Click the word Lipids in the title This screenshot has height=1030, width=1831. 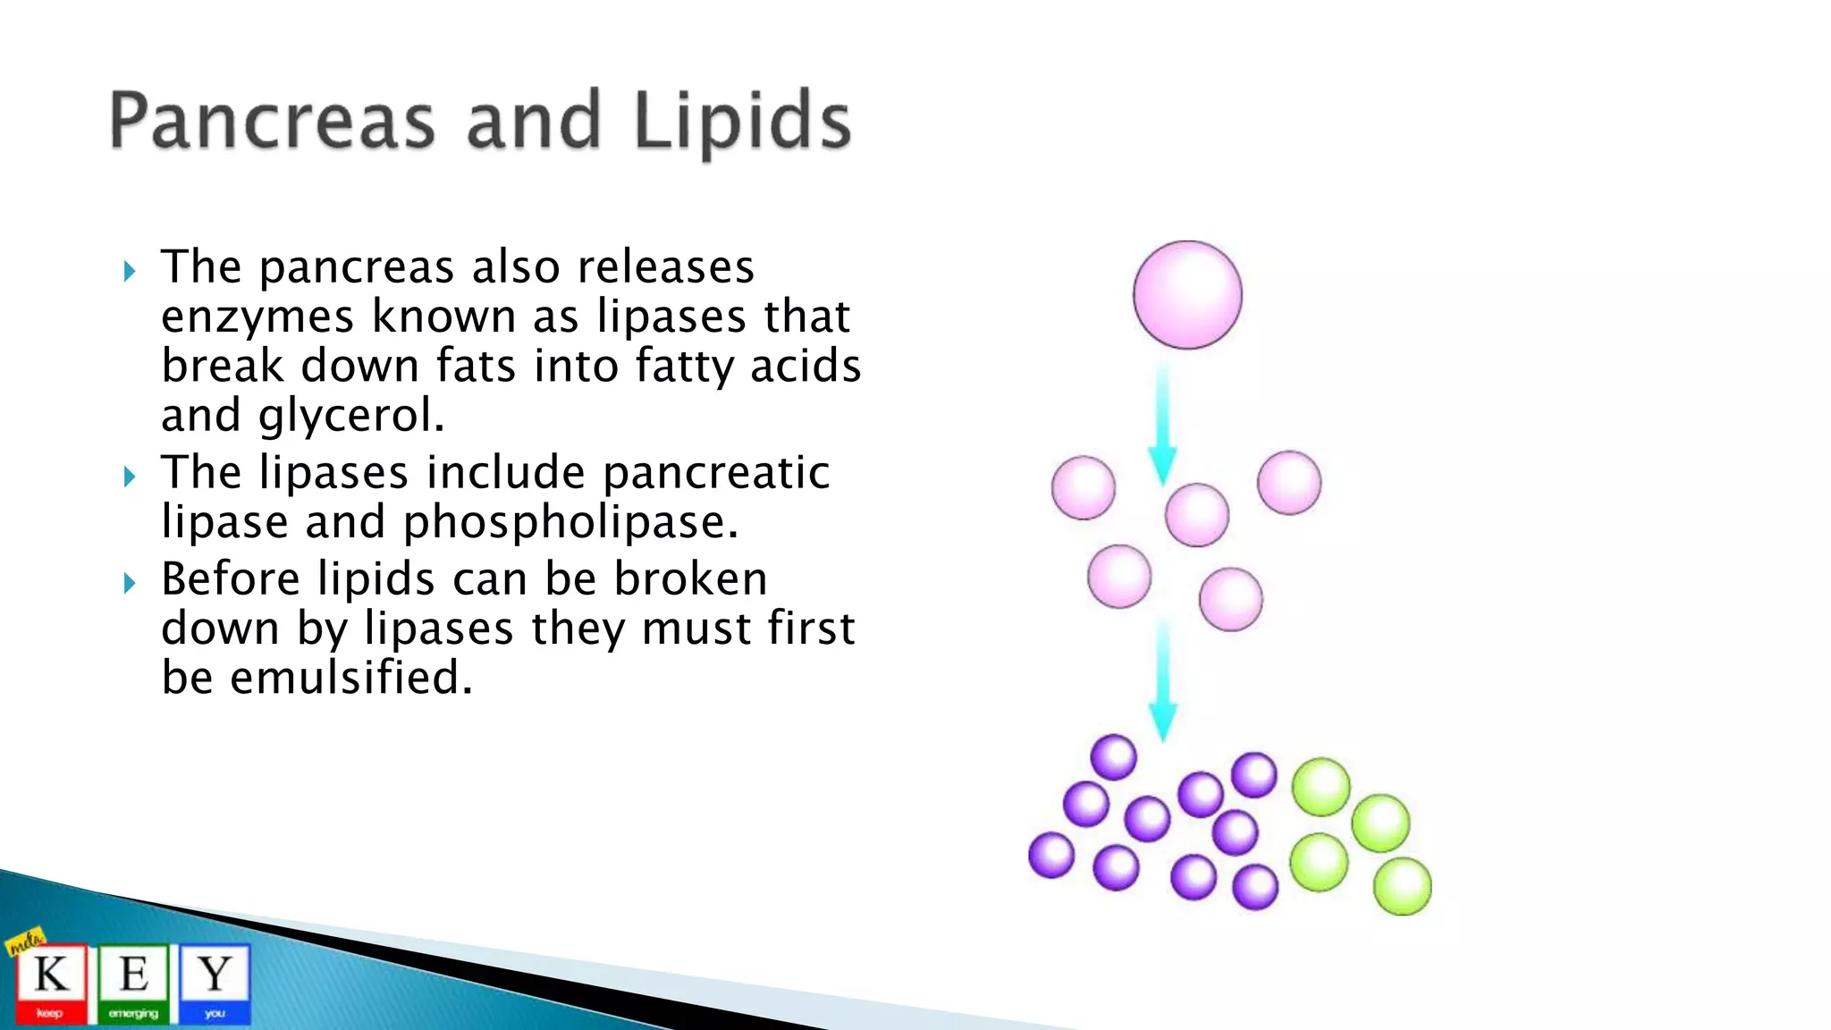pyautogui.click(x=742, y=122)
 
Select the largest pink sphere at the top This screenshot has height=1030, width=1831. pyautogui.click(x=1187, y=294)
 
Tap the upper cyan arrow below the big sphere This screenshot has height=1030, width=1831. pyautogui.click(x=1162, y=425)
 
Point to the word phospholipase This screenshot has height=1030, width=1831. pyautogui.click(x=570, y=522)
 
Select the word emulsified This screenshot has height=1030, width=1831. pyautogui.click(x=350, y=678)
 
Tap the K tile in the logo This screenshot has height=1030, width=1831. pyautogui.click(x=51, y=982)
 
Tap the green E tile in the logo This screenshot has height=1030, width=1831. pyautogui.click(x=133, y=982)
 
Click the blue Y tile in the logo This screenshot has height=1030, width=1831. pyautogui.click(x=215, y=982)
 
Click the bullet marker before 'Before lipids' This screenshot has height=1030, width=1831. pyautogui.click(x=130, y=583)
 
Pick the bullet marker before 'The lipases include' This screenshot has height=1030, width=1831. pyautogui.click(x=130, y=477)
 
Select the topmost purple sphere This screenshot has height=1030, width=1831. pyautogui.click(x=1113, y=757)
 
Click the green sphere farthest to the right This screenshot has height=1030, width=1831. pyautogui.click(x=1402, y=886)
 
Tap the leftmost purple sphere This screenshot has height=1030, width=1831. pyautogui.click(x=1051, y=855)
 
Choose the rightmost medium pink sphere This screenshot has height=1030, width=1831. pyautogui.click(x=1288, y=483)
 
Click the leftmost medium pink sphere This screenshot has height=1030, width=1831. pyautogui.click(x=1084, y=488)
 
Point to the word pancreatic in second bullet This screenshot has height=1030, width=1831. pyautogui.click(x=715, y=473)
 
